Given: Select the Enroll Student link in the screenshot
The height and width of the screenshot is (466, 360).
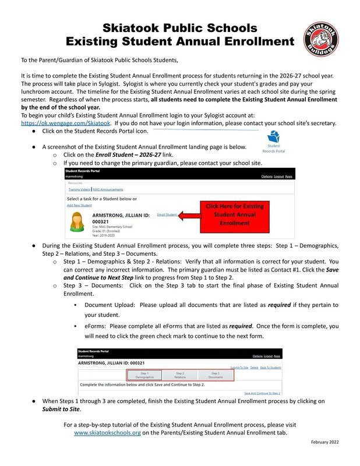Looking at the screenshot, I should coord(167,215).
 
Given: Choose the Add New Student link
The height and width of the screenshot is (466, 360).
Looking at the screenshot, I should coord(79,205).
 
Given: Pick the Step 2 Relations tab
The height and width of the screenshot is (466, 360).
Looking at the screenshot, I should coord(180,375).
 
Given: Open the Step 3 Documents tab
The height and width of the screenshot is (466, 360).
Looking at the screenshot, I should coord(215,375).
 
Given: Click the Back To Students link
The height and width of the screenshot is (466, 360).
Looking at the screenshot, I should coord(270,368).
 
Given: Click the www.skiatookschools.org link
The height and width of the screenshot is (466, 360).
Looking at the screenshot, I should coord(107,433).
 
